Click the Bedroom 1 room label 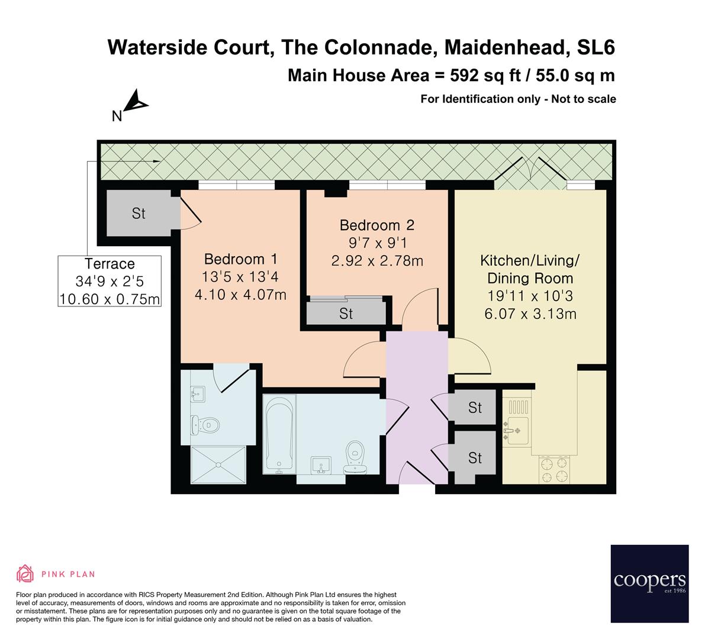coord(240,259)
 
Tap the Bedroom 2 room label coord(376,225)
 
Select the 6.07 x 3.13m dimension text coord(530,314)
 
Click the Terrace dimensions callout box coord(110,281)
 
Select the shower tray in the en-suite coord(218,466)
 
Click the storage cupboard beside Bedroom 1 coord(139,214)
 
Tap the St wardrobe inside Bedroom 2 coord(346,313)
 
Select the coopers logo coord(649,583)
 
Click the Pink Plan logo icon coord(25,573)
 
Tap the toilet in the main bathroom coord(355,457)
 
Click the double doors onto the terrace coord(528,174)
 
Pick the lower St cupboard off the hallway coord(474,458)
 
